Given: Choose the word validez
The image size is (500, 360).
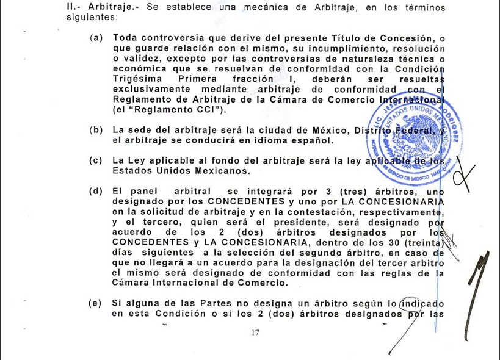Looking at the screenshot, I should (x=137, y=59).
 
